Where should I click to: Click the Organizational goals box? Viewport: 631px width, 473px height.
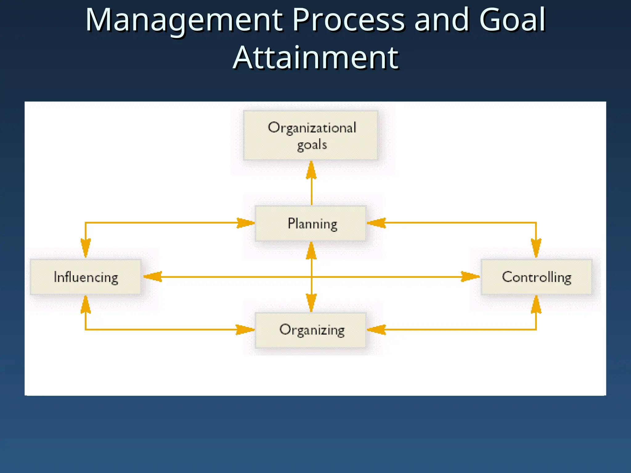311,135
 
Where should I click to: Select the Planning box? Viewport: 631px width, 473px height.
311,224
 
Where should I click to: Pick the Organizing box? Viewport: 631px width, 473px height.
311,330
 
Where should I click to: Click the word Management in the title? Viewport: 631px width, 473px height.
184,20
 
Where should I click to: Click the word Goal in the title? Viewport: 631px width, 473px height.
512,20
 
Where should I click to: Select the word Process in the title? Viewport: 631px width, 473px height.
348,20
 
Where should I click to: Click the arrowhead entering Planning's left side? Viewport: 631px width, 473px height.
246,223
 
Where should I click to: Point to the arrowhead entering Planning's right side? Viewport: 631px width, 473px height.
376,223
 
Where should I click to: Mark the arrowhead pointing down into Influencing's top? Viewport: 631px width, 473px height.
86,248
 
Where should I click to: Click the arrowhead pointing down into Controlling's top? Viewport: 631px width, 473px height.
536,248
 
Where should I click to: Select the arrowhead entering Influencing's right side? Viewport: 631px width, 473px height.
152,277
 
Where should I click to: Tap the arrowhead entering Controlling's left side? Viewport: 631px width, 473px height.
470,277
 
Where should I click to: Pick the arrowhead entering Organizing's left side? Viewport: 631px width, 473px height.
245,329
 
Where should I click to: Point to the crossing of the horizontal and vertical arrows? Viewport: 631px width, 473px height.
311,277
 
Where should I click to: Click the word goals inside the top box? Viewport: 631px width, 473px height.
312,145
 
